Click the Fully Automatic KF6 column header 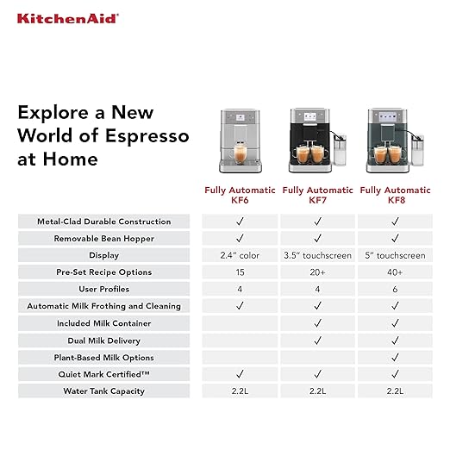(240, 195)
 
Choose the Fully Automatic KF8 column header (395, 195)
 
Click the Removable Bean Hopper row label (103, 239)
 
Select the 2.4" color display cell (240, 255)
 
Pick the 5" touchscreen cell (395, 255)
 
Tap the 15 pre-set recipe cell (240, 272)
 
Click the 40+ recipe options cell (395, 272)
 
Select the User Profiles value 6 (395, 289)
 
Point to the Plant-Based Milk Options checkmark (395, 357)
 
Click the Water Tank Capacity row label (103, 391)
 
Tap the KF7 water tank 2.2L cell (317, 391)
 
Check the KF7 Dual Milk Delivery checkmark (317, 340)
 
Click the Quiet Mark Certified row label (103, 374)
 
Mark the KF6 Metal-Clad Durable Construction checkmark (240, 222)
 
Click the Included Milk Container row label (103, 323)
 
